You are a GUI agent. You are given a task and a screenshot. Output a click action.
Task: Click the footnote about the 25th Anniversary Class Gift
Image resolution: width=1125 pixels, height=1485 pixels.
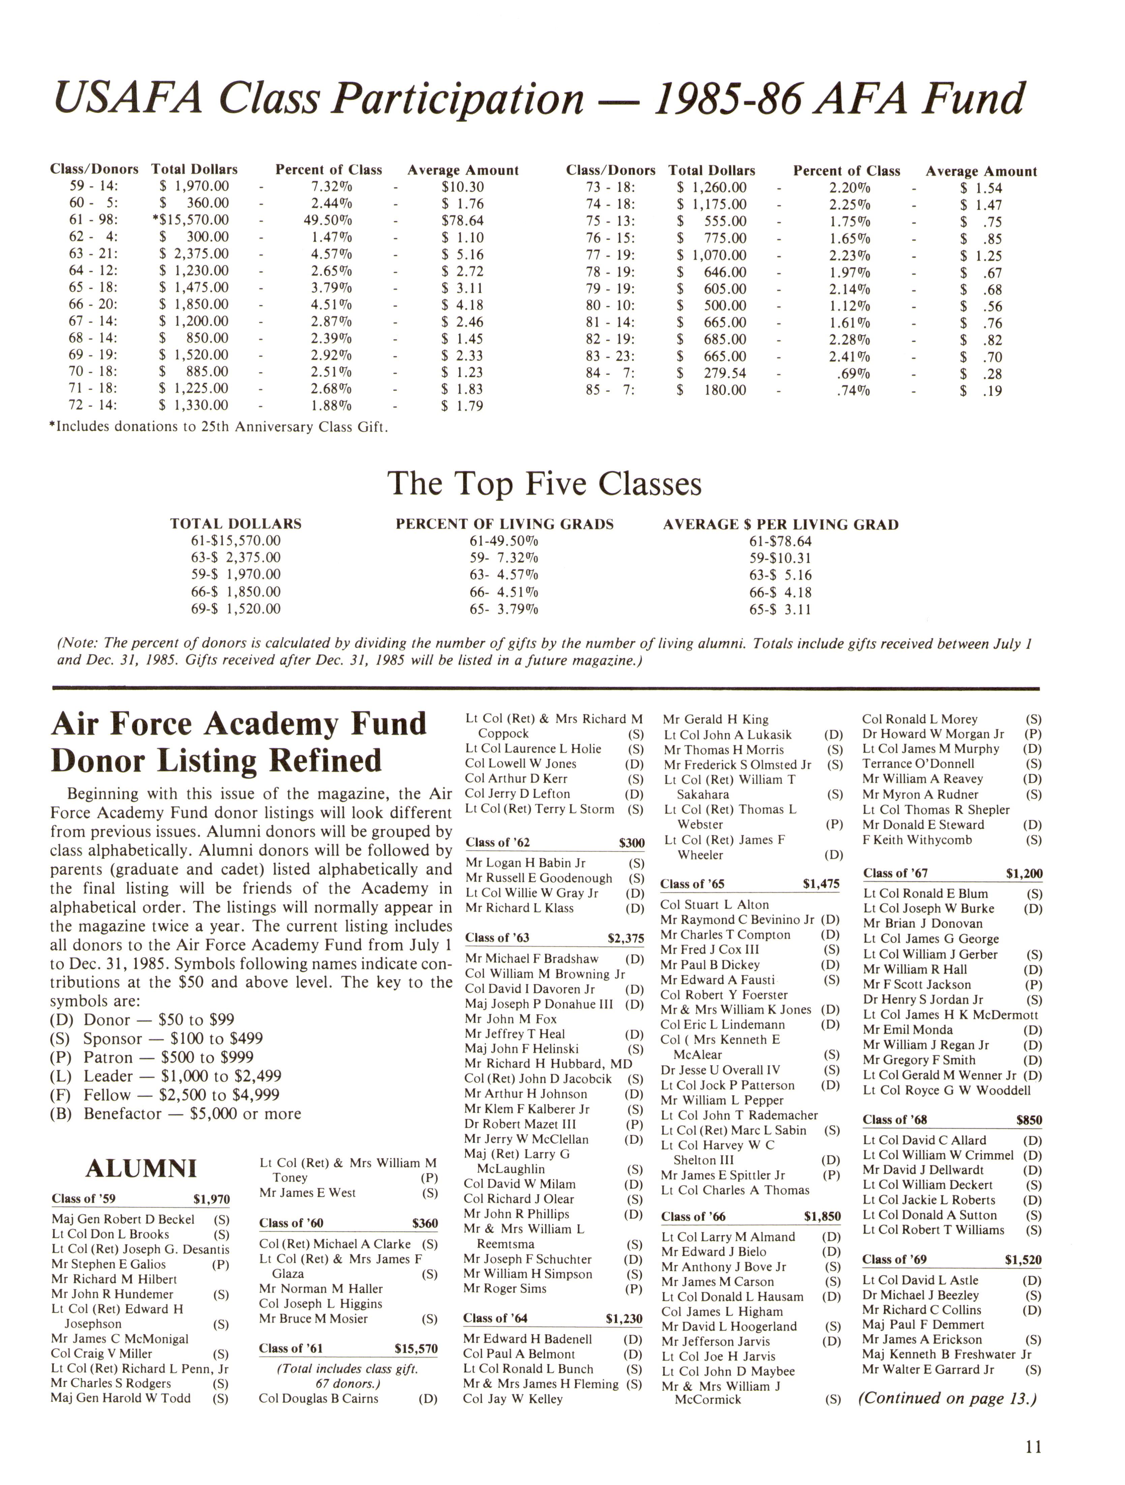(219, 427)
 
